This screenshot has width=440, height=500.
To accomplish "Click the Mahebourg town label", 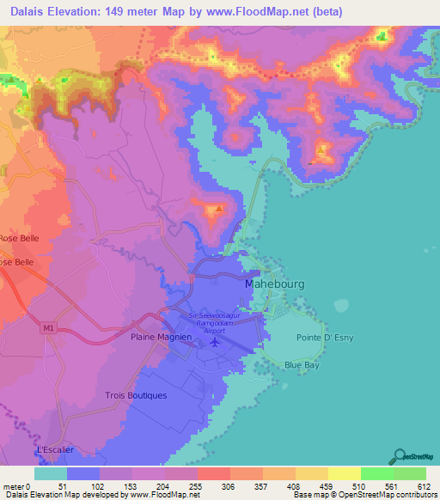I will click(275, 283).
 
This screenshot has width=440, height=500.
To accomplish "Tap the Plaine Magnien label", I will click(160, 338).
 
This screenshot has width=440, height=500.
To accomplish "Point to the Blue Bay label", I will click(303, 364).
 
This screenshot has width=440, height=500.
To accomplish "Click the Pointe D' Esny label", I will click(321, 338).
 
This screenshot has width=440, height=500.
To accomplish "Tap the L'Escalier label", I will click(52, 449).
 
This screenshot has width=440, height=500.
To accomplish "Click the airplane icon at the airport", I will click(214, 344).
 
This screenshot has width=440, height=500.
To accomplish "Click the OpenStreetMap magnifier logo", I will click(400, 457).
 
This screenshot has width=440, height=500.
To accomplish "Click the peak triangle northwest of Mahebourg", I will click(219, 209).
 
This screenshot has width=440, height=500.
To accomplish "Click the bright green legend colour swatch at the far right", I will click(410, 473).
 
